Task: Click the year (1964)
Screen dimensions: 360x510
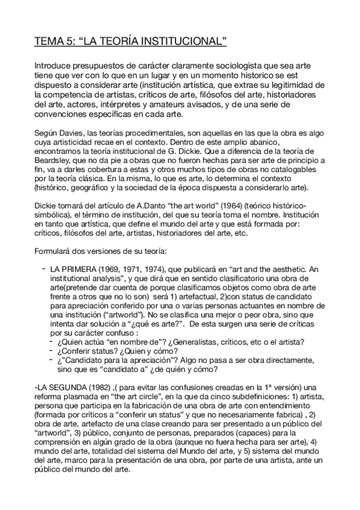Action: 215,206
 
